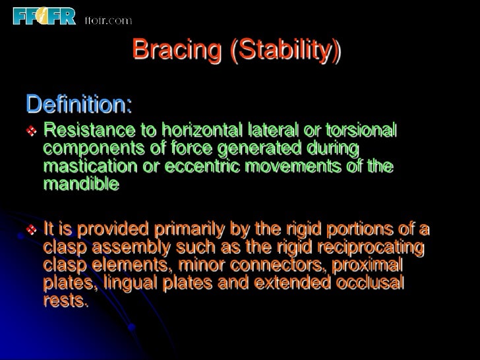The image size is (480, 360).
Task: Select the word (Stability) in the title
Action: tap(286, 50)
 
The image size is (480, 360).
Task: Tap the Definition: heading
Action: tap(78, 104)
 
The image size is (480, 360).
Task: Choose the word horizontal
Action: tap(192, 130)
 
